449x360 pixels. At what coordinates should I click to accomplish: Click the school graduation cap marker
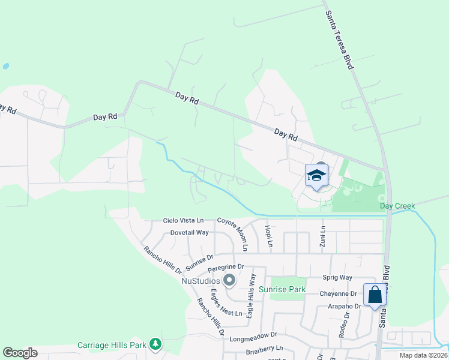coord(316,176)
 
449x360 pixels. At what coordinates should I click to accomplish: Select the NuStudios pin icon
coord(229,280)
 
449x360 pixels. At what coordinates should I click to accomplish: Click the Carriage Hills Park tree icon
coord(156,344)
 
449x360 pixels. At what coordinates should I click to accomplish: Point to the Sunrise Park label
coord(282,289)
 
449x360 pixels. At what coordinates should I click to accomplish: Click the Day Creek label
coord(397,206)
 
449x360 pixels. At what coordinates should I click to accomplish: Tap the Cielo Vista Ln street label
coord(184,220)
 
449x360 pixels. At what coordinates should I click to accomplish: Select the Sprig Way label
coord(337,277)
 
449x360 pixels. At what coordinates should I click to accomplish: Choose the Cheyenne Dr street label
coord(338,293)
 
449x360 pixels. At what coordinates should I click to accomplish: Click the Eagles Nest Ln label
coord(226,303)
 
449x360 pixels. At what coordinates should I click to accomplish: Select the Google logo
coord(20,353)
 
